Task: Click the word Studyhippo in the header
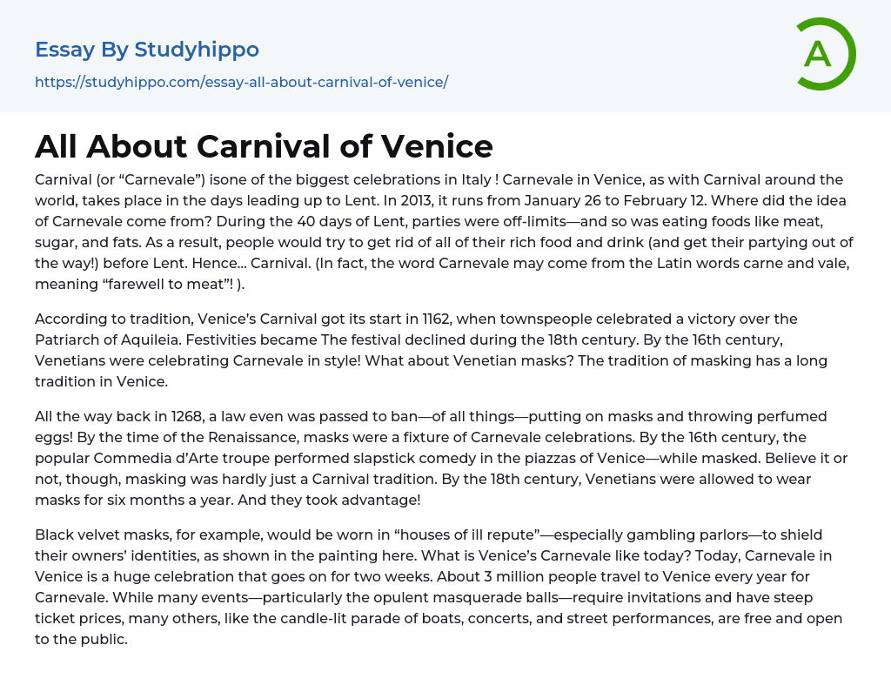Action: click(197, 50)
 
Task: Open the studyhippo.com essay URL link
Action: click(241, 83)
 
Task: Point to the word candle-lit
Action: click(368, 618)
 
